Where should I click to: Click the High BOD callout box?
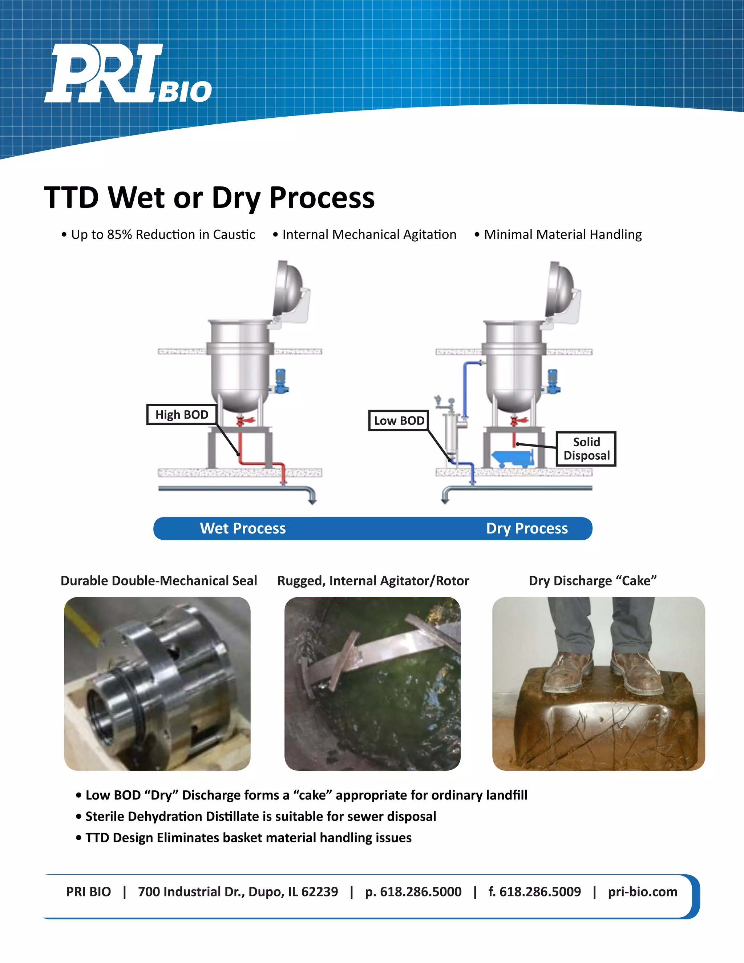(x=182, y=415)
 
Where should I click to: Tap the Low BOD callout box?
(x=399, y=421)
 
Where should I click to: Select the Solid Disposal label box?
(x=586, y=449)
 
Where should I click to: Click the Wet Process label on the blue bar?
(x=243, y=528)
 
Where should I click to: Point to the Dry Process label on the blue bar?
(x=527, y=528)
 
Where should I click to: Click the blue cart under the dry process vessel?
(x=513, y=459)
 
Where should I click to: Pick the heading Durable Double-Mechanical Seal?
(x=159, y=581)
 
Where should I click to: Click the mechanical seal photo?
(x=157, y=684)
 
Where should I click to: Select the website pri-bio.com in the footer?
(x=642, y=891)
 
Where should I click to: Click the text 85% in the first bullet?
(x=120, y=235)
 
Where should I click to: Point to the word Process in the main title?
(x=322, y=198)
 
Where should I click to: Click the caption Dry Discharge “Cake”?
(x=593, y=581)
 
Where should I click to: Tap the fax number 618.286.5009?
(x=540, y=891)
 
